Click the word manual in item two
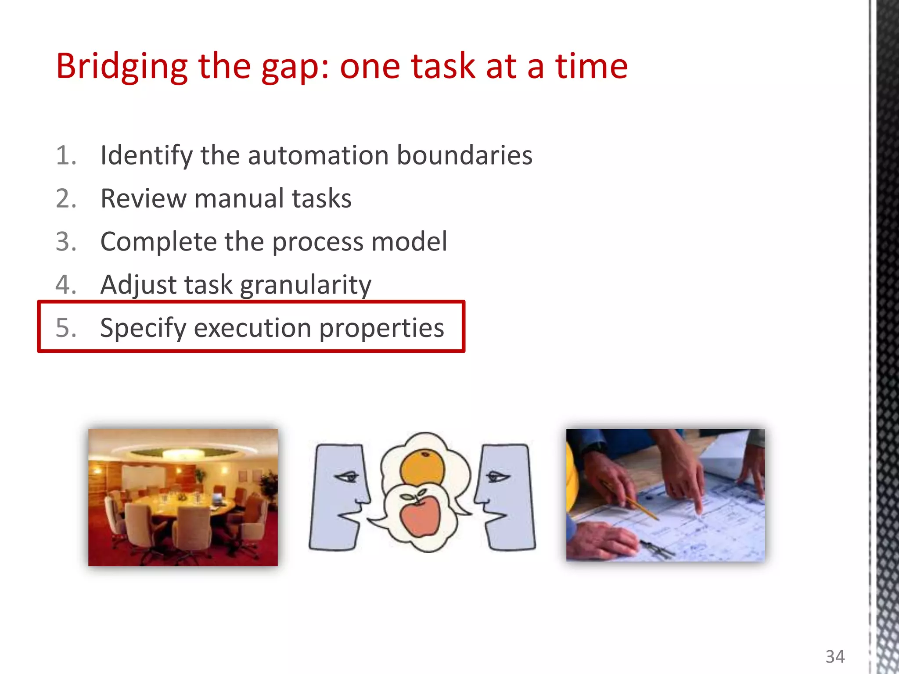[x=239, y=198]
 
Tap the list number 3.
[x=66, y=241]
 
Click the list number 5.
[x=66, y=328]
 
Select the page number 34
[x=834, y=657]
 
